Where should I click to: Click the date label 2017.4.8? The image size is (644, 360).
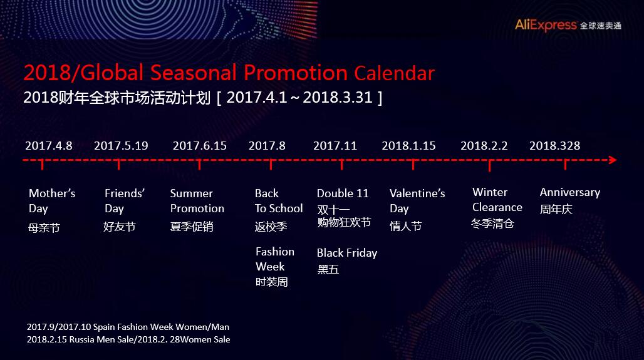coord(48,146)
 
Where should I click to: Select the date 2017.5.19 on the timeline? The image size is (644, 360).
coord(121,146)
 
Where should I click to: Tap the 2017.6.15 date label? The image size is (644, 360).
coord(199,146)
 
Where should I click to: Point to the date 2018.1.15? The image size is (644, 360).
coord(408,146)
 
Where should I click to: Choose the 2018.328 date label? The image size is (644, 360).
coord(554,146)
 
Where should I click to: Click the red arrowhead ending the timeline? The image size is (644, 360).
coord(613,160)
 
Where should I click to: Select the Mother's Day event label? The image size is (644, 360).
coord(52,201)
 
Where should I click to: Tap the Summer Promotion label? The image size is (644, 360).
coord(197,201)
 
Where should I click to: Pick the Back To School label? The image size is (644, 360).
coord(279,201)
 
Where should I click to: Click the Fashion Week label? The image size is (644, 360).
coord(275,259)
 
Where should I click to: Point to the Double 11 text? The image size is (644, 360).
coord(343,193)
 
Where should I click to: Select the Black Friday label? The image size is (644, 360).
coord(347,253)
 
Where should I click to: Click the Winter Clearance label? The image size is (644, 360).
coord(497,200)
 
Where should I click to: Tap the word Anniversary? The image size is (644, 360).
coord(569,192)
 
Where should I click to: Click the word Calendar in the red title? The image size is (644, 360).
coord(394,73)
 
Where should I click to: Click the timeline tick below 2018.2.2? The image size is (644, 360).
coord(489,165)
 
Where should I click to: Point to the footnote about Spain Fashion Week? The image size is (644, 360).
coord(128,327)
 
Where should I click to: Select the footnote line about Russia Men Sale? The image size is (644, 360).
coord(128,339)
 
